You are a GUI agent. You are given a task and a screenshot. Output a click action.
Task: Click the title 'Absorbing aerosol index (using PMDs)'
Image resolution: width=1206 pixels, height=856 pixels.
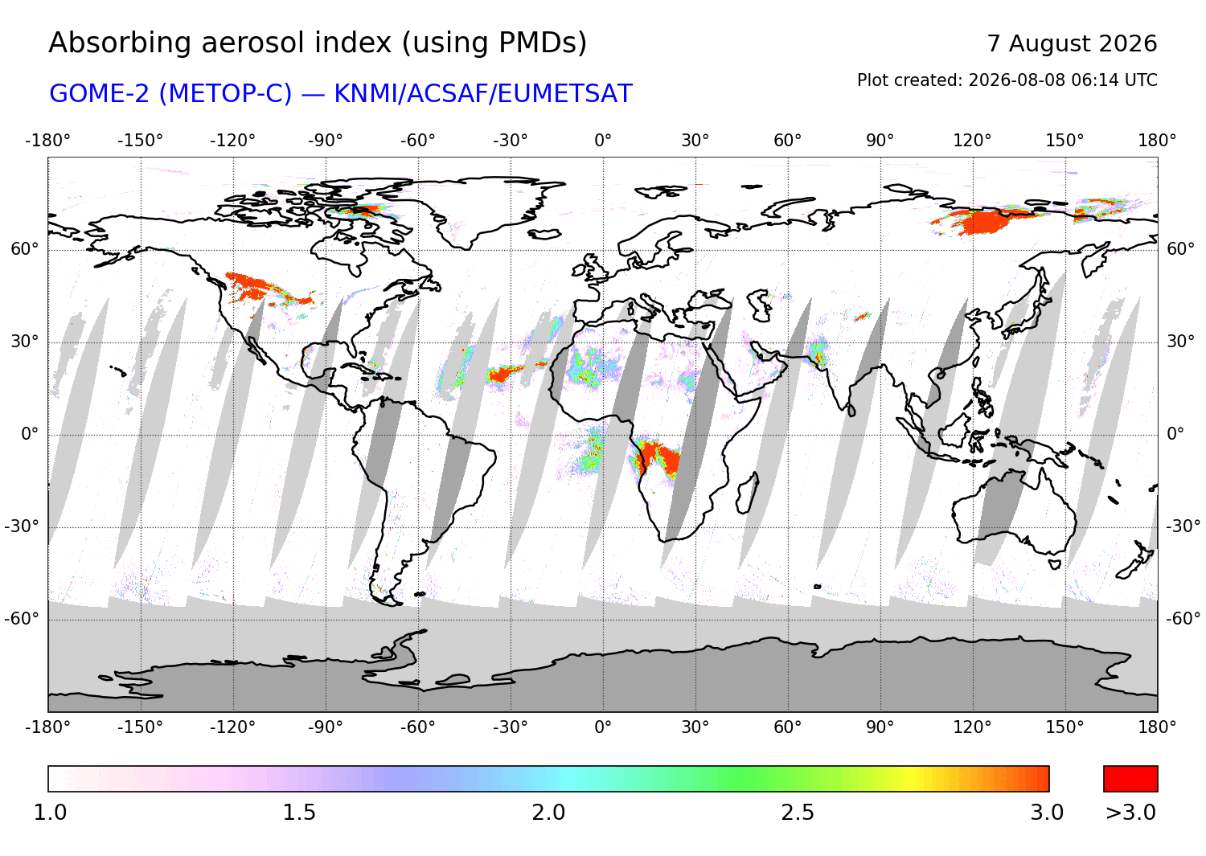pos(318,43)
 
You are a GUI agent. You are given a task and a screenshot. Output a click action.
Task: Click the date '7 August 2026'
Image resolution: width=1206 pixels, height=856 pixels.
pos(1072,43)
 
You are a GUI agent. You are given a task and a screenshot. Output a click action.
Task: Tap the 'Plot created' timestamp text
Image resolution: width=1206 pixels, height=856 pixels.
pos(1007,80)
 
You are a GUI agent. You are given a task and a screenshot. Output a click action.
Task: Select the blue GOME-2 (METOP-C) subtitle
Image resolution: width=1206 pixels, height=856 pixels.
pos(341,94)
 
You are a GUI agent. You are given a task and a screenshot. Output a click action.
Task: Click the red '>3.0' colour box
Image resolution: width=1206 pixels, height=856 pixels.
pos(1130,779)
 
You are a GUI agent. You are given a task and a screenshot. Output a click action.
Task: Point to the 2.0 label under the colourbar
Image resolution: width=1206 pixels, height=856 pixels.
pos(548,813)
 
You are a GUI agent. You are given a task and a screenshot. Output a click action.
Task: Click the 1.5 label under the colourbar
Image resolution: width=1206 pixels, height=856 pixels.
pos(299,813)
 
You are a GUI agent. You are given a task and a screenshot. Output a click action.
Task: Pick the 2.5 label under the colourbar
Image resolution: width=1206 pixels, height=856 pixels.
pos(798,813)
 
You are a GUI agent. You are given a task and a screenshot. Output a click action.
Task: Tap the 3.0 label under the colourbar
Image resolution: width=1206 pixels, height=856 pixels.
pos(1047,813)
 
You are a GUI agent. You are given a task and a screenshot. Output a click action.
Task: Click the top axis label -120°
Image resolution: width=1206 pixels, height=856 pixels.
pos(232,141)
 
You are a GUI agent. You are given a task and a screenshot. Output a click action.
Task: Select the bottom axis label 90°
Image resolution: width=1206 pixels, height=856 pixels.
pos(880,727)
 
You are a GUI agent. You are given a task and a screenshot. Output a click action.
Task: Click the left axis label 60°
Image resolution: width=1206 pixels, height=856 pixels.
pos(25,249)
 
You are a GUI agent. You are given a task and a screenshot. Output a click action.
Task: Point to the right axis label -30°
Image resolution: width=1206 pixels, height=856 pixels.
pos(1183,526)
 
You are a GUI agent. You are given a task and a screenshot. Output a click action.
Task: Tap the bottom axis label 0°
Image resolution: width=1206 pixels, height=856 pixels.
pos(603,727)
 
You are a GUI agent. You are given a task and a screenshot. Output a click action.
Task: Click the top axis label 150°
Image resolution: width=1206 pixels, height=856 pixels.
pos(1065,141)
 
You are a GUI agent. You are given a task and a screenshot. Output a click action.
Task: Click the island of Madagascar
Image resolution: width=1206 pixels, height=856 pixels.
pos(748,493)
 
